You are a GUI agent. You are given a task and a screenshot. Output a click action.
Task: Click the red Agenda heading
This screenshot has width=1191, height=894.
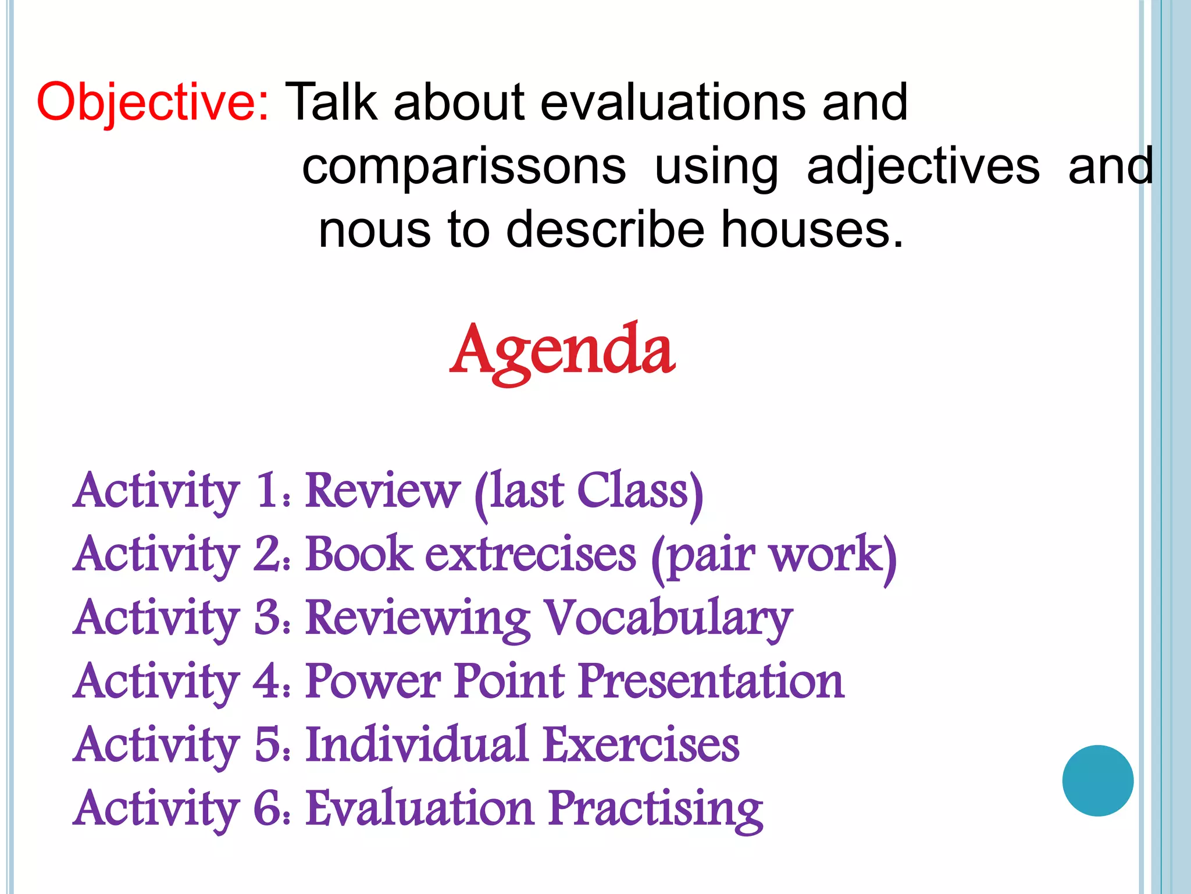(562, 351)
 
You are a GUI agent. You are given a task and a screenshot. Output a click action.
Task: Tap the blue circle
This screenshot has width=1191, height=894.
(1097, 781)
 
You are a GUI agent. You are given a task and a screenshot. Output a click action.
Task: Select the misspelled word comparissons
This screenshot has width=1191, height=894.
(463, 168)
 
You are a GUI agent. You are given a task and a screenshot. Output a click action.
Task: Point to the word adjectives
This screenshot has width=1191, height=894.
(923, 168)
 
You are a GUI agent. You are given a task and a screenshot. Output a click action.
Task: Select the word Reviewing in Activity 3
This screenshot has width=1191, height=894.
(418, 619)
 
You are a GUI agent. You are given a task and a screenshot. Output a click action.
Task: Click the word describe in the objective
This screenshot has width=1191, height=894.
(605, 230)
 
